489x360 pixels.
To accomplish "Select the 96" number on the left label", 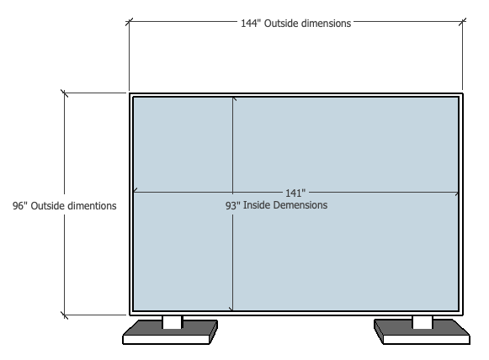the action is [20, 206].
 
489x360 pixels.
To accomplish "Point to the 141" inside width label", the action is [295, 193].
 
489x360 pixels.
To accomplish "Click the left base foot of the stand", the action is [170, 332].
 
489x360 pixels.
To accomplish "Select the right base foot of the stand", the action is [422, 332].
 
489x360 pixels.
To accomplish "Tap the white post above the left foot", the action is [172, 322].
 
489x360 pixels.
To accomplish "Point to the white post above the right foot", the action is [423, 322].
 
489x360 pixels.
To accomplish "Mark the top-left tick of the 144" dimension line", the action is [129, 22].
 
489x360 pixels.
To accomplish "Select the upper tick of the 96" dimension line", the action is [65, 93].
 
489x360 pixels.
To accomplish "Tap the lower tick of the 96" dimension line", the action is [65, 315].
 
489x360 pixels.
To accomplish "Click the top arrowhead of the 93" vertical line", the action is [233, 99].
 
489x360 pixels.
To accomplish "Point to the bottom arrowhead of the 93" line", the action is [231, 309].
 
